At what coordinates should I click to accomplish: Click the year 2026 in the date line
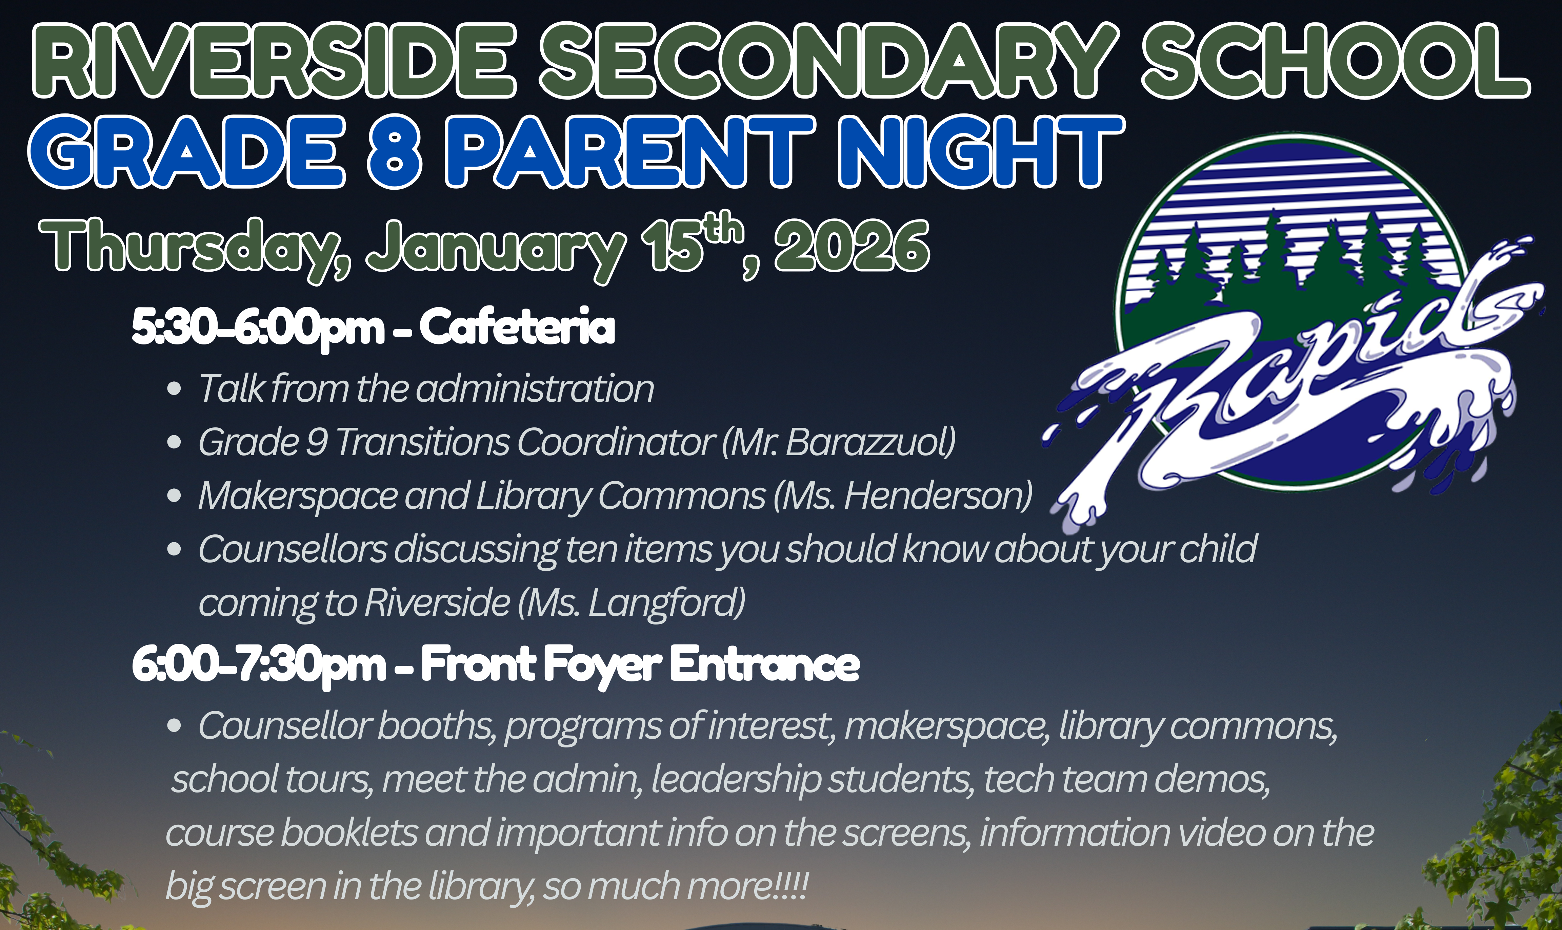(x=852, y=248)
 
